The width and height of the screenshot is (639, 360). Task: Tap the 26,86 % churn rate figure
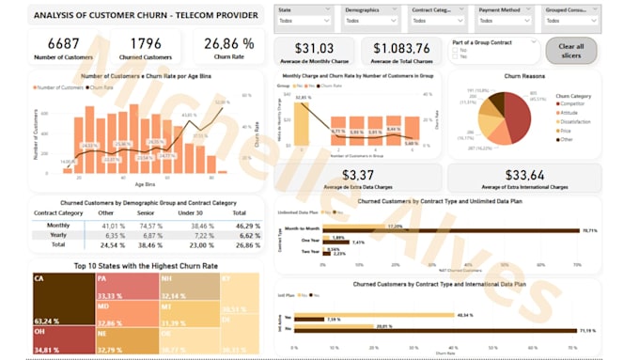[x=228, y=43]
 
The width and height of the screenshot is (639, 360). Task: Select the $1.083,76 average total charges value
[x=401, y=48]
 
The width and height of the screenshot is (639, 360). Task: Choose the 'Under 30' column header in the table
[x=190, y=213]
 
